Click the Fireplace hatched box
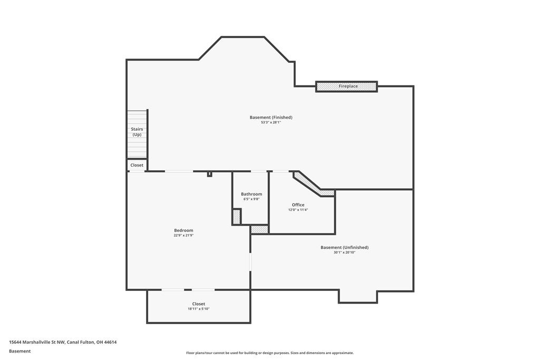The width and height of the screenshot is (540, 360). tap(346, 86)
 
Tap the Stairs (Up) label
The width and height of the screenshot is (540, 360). tap(137, 132)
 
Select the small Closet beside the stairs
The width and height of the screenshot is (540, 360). tap(137, 165)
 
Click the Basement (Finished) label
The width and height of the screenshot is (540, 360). tap(271, 118)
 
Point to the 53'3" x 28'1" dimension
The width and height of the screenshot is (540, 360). tap(271, 122)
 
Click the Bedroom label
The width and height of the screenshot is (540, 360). tap(184, 230)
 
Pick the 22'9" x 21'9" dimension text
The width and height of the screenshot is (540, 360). tap(184, 236)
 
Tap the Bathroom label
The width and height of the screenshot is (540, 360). tap(252, 194)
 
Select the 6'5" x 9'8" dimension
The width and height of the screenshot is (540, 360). tap(252, 199)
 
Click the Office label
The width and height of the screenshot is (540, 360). tap(298, 205)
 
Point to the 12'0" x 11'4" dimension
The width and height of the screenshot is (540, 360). tap(298, 210)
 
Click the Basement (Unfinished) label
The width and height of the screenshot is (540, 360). tap(344, 247)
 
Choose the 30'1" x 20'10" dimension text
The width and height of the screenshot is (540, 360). tap(344, 252)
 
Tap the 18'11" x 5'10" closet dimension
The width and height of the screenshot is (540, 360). tap(199, 309)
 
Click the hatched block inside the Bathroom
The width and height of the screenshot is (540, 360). tap(237, 217)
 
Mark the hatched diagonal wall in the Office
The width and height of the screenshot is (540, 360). tap(313, 186)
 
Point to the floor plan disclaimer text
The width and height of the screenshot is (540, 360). tap(270, 353)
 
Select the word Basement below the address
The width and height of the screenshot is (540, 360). tap(20, 351)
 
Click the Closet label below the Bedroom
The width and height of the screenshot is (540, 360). tap(199, 304)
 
